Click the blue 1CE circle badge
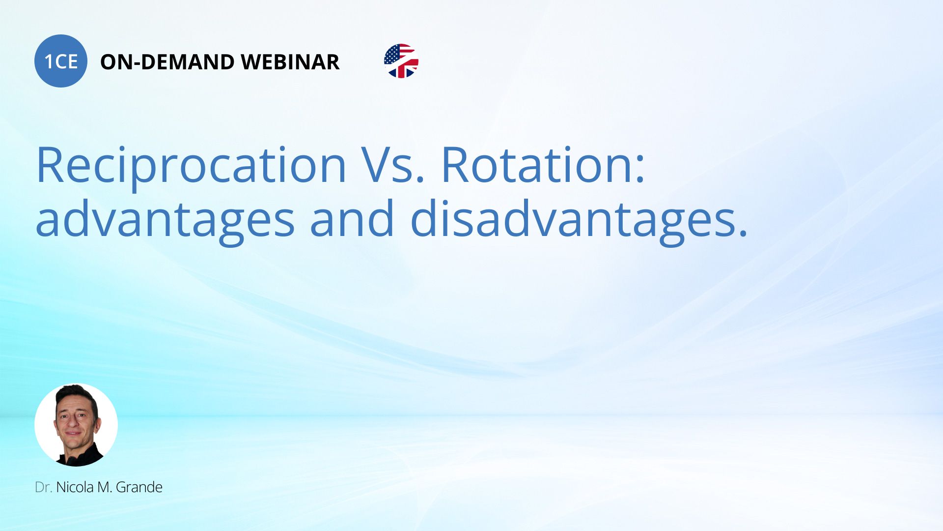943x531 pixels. tap(61, 61)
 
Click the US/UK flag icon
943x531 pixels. tap(401, 61)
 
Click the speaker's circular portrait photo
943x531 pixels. tap(76, 425)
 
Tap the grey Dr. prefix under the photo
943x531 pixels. tap(44, 487)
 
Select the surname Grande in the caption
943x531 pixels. tap(139, 487)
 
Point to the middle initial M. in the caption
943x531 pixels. tap(105, 487)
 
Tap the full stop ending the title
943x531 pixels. tap(742, 233)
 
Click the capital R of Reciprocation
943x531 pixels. tap(51, 165)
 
